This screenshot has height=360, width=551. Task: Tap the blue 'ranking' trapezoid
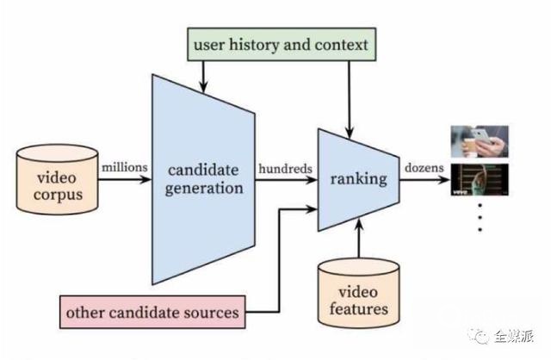pyautogui.click(x=358, y=180)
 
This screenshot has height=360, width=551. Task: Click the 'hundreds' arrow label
pyautogui.click(x=284, y=169)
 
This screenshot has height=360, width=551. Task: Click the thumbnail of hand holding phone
pyautogui.click(x=479, y=141)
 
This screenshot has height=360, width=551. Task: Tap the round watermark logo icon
pyautogui.click(x=480, y=336)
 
